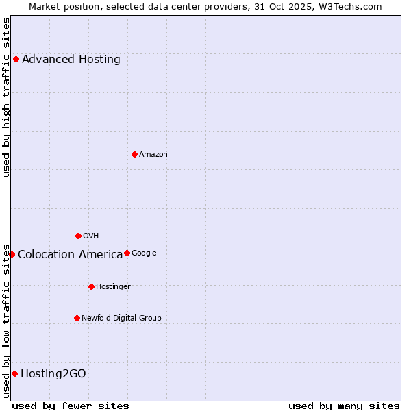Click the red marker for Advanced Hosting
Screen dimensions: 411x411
[x=16, y=59]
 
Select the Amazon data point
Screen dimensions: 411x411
[x=134, y=154]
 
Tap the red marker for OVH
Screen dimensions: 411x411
[x=78, y=236]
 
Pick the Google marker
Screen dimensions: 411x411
[x=127, y=253]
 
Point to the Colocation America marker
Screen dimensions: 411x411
[x=12, y=254]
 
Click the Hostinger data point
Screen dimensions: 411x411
[x=91, y=286]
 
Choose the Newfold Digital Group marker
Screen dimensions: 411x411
[x=77, y=318]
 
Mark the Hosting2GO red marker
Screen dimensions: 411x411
[x=14, y=373]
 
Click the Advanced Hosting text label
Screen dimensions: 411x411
[x=71, y=59]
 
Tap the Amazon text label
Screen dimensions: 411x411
[x=153, y=154]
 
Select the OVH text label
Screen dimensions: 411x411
[x=91, y=236]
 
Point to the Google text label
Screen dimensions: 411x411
[x=144, y=253]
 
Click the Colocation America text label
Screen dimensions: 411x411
[x=71, y=254]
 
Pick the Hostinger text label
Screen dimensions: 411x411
[x=113, y=286]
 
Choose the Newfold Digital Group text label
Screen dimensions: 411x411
[x=121, y=318]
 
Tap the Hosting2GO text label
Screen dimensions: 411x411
[x=53, y=373]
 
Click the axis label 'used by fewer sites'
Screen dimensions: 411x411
[x=71, y=406]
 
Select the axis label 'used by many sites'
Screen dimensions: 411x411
[x=344, y=406]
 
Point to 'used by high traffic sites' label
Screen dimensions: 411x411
[x=6, y=97]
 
